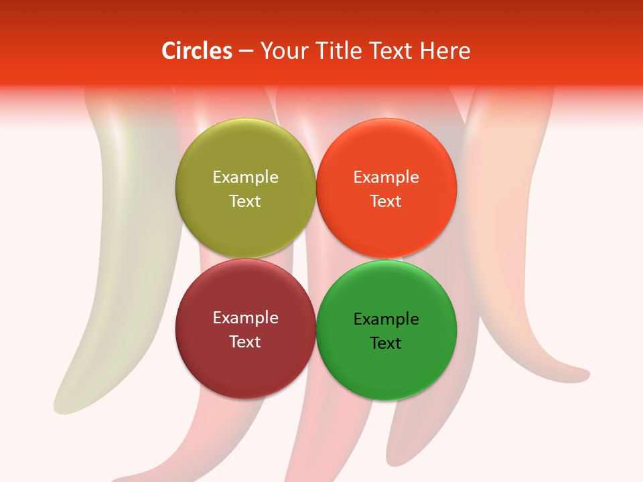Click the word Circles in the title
[x=196, y=51]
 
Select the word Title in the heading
[x=339, y=51]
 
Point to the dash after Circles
[x=246, y=52]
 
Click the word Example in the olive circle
[x=245, y=177]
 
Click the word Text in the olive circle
[x=245, y=201]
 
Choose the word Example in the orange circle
[x=386, y=177]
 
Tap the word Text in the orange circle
[x=386, y=201]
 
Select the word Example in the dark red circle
[x=245, y=317]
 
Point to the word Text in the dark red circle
[x=245, y=341]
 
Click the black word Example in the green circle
[x=386, y=319]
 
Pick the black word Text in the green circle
[x=386, y=343]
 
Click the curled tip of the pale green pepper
[x=62, y=404]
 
